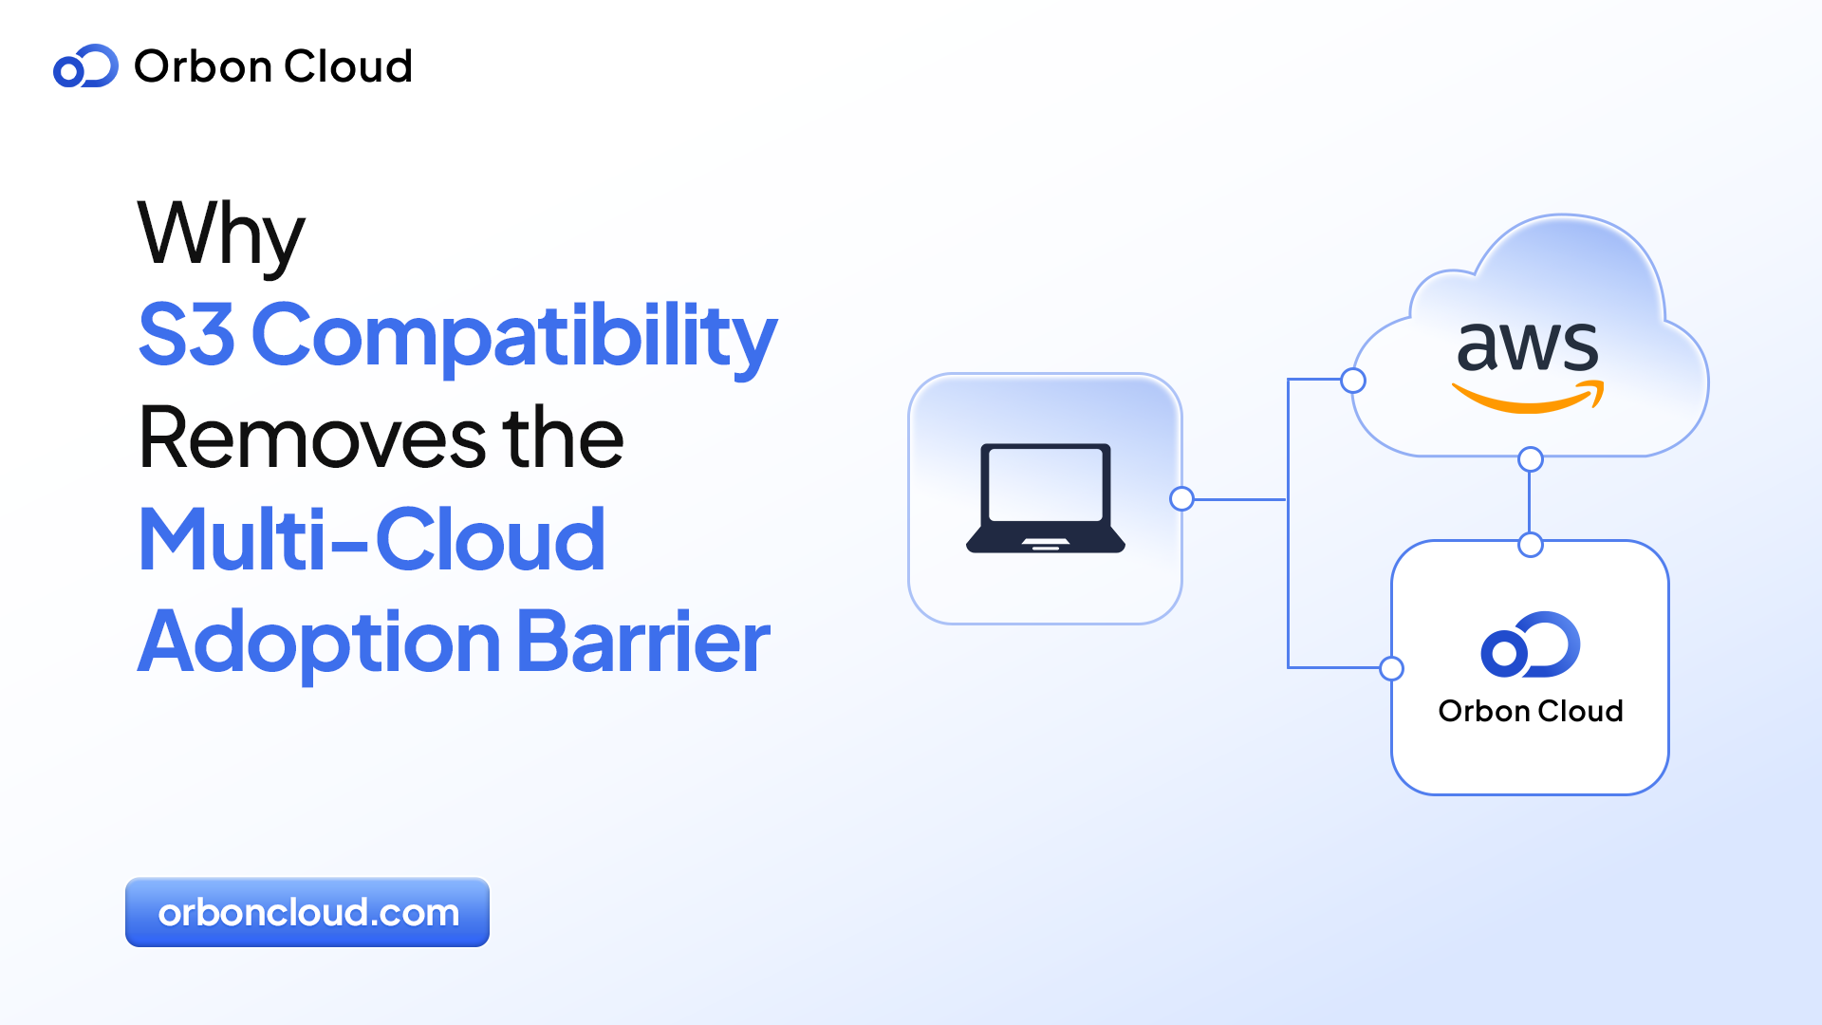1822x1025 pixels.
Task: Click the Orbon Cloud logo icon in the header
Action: click(x=85, y=66)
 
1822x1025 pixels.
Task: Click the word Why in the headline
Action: click(x=221, y=233)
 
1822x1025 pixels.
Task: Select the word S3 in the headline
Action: click(x=186, y=334)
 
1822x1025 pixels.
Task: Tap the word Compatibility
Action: click(x=513, y=336)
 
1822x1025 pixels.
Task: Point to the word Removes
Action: click(x=311, y=438)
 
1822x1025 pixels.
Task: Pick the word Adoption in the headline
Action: click(x=319, y=643)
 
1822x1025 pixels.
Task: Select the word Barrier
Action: click(x=643, y=643)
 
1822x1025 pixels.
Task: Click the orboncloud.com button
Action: click(x=307, y=912)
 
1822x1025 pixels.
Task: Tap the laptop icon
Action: click(x=1045, y=497)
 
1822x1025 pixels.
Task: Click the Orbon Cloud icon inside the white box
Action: click(x=1530, y=645)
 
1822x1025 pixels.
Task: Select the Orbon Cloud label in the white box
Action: click(x=1530, y=711)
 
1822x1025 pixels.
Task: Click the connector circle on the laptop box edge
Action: click(x=1181, y=498)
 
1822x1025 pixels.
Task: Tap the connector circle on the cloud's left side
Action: click(x=1353, y=381)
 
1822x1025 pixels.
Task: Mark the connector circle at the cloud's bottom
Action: click(x=1530, y=459)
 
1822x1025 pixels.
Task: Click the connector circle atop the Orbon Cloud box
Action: click(x=1530, y=545)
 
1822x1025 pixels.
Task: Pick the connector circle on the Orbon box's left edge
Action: click(x=1391, y=668)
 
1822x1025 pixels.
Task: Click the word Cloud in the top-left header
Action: click(x=347, y=66)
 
